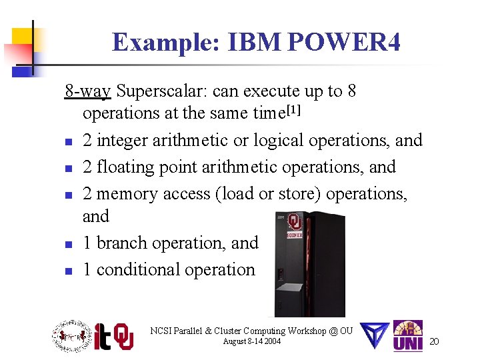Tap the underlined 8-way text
[x=87, y=91]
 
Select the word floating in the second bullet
[x=125, y=167]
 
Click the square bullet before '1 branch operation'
[x=69, y=245]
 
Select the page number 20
[x=434, y=341]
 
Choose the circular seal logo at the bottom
[x=71, y=336]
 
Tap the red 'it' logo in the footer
[x=102, y=337]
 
